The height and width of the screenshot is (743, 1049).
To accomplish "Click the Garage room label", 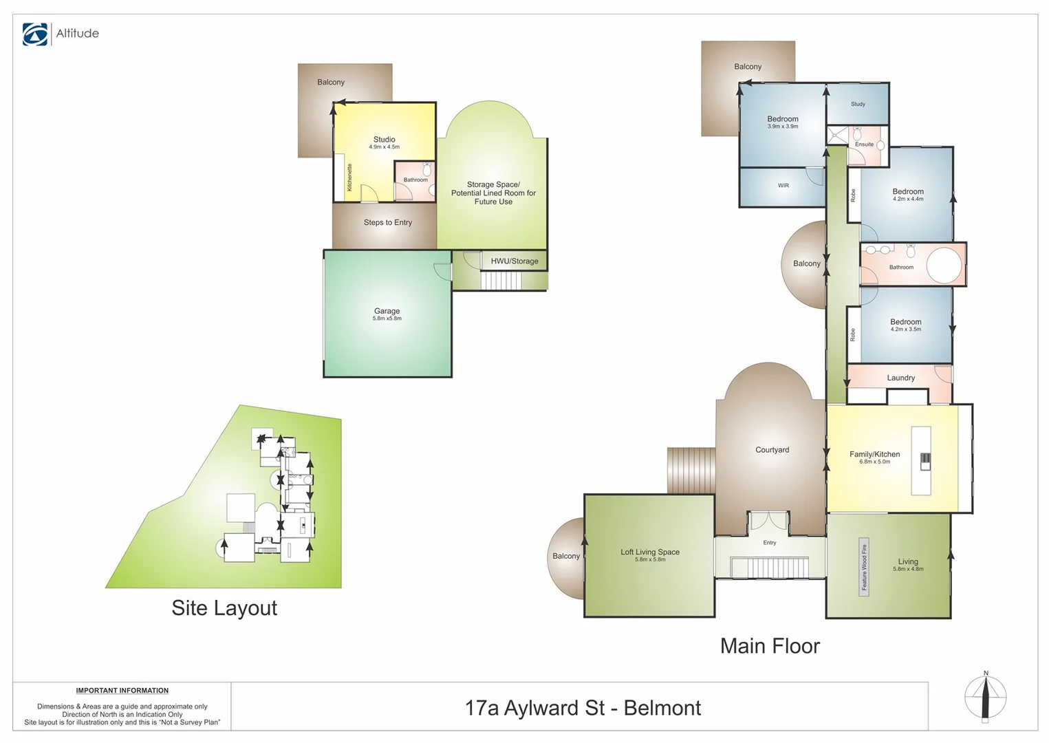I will coord(387,312).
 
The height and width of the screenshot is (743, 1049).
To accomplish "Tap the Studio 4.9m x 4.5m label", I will coord(384,142).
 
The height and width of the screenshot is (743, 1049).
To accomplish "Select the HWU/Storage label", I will coord(514,261).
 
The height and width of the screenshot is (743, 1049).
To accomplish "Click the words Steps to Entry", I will coord(387,223).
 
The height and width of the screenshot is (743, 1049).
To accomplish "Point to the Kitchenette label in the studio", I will coord(349,177).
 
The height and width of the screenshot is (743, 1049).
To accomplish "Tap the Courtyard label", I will coord(772,450).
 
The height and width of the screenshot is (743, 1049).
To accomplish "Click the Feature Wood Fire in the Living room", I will coord(864,567).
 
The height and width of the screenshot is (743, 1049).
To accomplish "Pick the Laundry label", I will coord(900,378).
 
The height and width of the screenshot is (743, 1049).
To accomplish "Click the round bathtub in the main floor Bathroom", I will coord(943,266).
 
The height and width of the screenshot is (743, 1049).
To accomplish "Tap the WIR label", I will coord(783,186).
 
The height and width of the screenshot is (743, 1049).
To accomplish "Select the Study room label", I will coord(858,105).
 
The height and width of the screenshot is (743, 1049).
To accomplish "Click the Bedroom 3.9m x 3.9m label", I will coord(783,122).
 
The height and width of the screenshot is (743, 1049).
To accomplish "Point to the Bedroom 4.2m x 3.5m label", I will coord(905,325).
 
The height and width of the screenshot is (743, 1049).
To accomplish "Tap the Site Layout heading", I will coord(224,608).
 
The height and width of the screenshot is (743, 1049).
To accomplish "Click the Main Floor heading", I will coord(770,646).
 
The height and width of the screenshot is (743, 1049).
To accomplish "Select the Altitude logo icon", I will coord(35,34).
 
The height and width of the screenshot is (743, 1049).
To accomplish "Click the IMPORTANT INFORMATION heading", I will coord(122,691).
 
